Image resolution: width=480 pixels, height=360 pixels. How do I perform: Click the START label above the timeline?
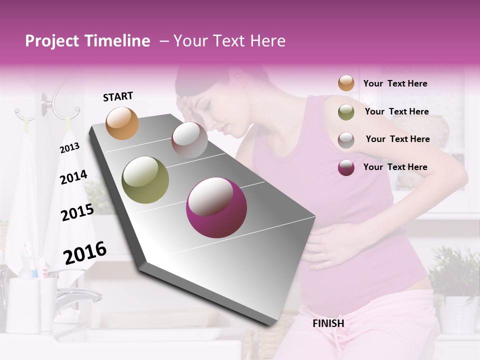[x=118, y=96]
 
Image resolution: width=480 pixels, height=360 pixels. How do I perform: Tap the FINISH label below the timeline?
[x=328, y=323]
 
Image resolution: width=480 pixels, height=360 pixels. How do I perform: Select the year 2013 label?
[x=69, y=148]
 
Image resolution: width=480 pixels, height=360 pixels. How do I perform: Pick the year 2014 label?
[x=73, y=177]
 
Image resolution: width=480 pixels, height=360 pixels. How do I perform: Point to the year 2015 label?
[x=77, y=212]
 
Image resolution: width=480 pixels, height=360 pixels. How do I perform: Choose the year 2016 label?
[x=85, y=252]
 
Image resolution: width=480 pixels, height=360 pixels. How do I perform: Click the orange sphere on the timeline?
[x=122, y=123]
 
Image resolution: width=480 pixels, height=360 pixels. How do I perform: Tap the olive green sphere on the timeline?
[x=145, y=180]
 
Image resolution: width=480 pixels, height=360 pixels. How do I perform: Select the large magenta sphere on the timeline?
[x=216, y=207]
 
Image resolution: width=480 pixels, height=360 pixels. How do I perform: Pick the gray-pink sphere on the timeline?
[x=189, y=140]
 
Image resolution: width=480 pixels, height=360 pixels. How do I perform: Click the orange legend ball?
[x=346, y=83]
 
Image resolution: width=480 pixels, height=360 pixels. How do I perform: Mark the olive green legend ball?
[x=346, y=112]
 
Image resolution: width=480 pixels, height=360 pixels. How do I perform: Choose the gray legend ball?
[x=346, y=139]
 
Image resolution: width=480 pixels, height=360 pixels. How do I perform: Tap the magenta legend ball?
[x=346, y=167]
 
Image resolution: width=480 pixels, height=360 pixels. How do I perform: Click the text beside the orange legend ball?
[x=395, y=83]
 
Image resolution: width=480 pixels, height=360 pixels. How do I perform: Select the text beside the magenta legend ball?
[x=395, y=167]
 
